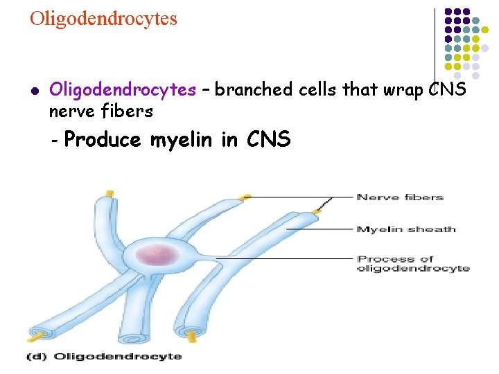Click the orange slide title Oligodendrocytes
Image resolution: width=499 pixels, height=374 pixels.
[x=103, y=18]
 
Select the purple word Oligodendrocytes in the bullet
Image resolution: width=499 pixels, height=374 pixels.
[x=123, y=90]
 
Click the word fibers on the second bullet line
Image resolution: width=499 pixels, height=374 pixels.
[x=130, y=110]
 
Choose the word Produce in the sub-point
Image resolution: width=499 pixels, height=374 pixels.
[x=103, y=140]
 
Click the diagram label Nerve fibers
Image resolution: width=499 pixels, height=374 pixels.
[x=400, y=197]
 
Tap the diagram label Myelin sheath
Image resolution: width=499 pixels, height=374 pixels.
[x=405, y=229]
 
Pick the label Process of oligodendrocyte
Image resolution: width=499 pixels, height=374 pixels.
[x=412, y=263]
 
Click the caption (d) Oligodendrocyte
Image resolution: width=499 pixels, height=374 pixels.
[x=103, y=357]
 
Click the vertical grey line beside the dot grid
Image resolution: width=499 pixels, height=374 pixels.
[x=435, y=44]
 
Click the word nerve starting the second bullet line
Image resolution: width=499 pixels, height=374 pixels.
[x=70, y=111]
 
